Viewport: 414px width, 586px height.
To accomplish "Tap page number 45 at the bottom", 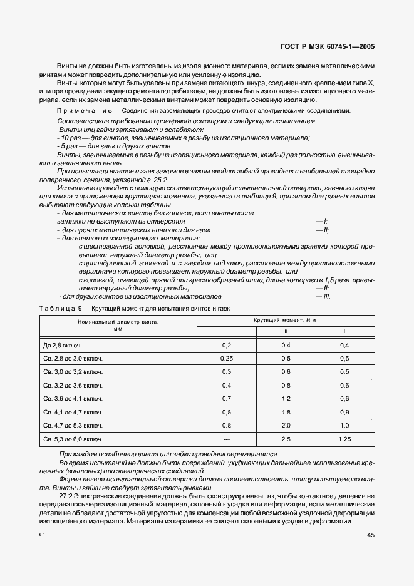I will tap(370, 534).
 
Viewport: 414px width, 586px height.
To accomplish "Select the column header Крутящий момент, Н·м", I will tap(285, 320).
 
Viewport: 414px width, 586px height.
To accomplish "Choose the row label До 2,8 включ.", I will tap(63, 345).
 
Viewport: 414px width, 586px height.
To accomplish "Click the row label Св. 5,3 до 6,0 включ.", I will tap(73, 439).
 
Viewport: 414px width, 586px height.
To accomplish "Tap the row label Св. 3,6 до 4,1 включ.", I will tap(73, 398).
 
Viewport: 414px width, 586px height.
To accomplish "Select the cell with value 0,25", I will tap(227, 358).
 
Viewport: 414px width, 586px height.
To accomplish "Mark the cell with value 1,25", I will tap(344, 439).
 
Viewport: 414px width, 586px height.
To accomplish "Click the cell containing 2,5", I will tap(286, 439).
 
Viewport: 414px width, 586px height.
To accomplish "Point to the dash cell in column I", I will tap(227, 439).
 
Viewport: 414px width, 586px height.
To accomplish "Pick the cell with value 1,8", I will tap(286, 412).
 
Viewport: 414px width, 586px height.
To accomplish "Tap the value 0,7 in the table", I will tap(227, 398).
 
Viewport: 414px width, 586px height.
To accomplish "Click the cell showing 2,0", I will tap(286, 425).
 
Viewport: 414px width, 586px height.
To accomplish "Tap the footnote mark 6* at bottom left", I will tap(42, 534).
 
